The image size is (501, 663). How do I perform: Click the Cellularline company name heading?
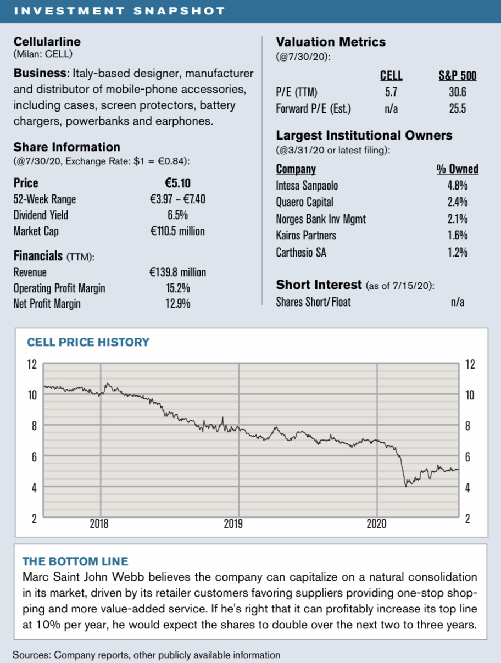point(47,41)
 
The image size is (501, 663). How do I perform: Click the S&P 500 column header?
point(457,76)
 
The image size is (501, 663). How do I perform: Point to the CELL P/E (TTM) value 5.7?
point(391,92)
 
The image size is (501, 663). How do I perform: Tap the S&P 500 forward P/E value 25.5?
point(457,109)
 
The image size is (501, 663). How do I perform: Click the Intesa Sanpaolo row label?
point(307,186)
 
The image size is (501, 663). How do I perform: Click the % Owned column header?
point(457,169)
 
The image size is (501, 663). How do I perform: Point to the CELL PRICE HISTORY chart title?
point(88,342)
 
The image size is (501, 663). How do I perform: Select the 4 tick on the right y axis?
point(467,488)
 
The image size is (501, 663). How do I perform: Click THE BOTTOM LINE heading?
point(75,561)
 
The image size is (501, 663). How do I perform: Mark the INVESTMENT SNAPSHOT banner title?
point(119,11)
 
